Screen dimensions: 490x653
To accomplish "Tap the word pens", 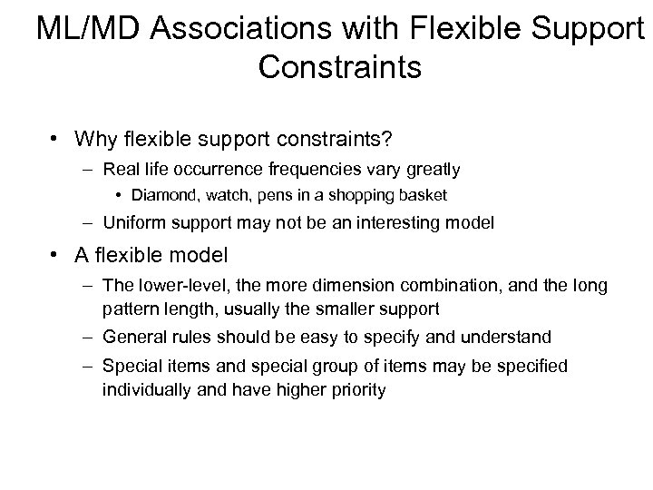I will pos(264,194).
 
